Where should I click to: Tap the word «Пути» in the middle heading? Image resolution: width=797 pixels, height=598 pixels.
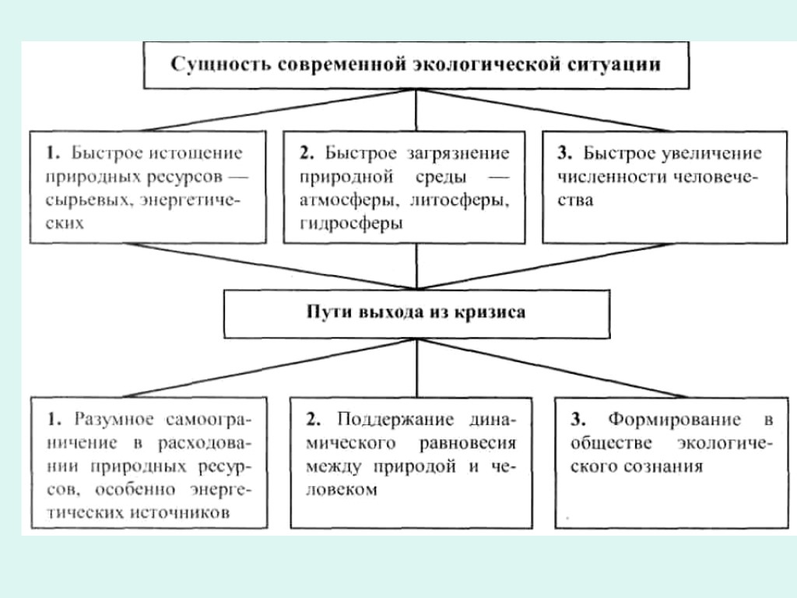328,313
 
